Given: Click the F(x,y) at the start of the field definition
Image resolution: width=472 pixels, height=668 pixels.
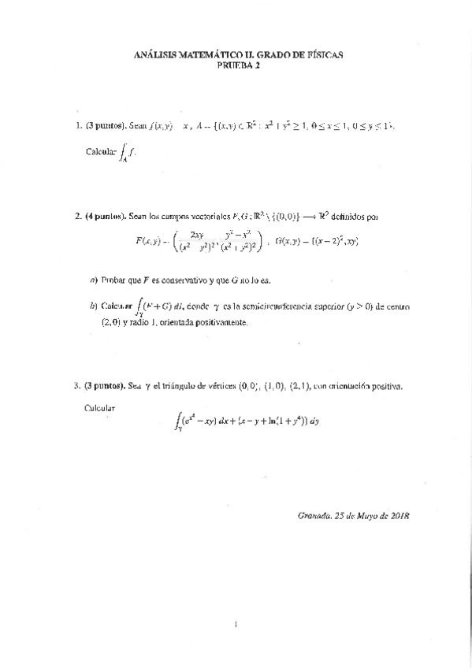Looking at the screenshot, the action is pyautogui.click(x=152, y=239).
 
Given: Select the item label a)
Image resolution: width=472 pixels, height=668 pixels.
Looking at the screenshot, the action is pyautogui.click(x=94, y=280).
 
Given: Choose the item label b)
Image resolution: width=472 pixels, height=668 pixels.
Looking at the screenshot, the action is pyautogui.click(x=94, y=306).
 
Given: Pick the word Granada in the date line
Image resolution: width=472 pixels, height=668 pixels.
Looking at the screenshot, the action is pyautogui.click(x=315, y=517).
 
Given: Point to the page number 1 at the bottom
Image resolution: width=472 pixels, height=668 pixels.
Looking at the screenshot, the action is pyautogui.click(x=236, y=625).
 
